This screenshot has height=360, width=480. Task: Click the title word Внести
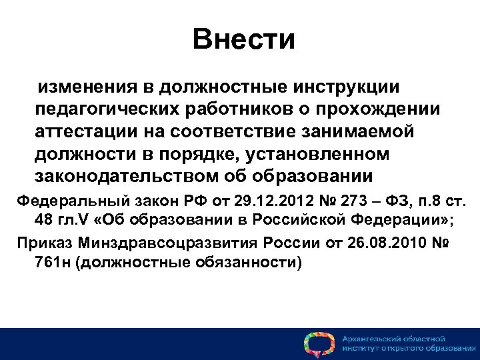[x=243, y=39]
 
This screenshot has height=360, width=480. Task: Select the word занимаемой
[x=359, y=132]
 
